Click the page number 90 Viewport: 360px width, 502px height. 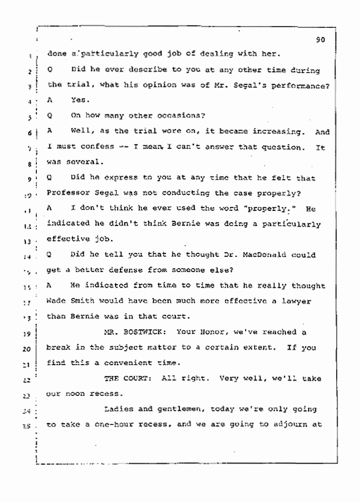[x=321, y=41]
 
